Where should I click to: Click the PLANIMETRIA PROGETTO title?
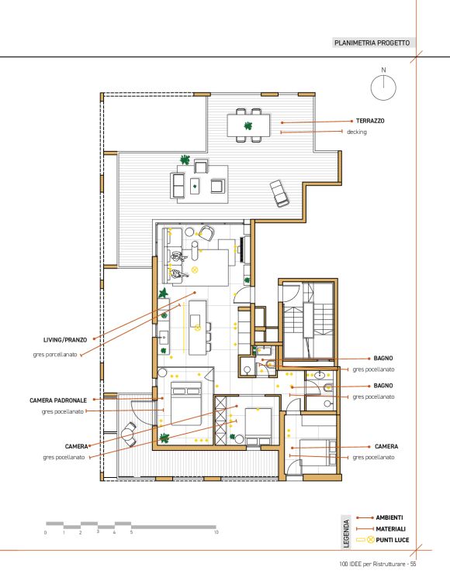click(x=372, y=43)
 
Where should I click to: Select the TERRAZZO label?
click(x=370, y=121)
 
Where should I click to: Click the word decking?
click(x=357, y=132)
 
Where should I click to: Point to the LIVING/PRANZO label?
click(x=65, y=340)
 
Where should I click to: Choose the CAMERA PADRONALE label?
click(x=58, y=400)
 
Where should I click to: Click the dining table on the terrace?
click(x=248, y=125)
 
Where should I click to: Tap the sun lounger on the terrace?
click(x=279, y=193)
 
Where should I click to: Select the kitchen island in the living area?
click(x=197, y=328)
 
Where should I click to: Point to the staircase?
click(x=308, y=321)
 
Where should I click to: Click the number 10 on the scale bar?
click(x=216, y=533)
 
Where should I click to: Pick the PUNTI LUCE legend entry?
click(x=393, y=540)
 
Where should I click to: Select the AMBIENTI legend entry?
click(x=389, y=517)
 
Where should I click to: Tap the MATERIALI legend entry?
click(x=391, y=528)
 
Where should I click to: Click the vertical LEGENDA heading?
click(x=346, y=534)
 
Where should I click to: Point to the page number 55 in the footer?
click(x=413, y=564)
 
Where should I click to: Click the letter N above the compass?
click(x=383, y=70)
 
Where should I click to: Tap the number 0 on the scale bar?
click(x=46, y=533)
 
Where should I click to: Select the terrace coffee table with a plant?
click(x=195, y=186)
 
